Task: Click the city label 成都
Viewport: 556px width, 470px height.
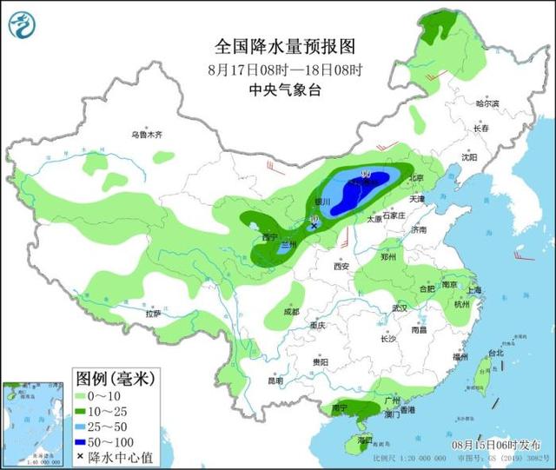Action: coord(290,311)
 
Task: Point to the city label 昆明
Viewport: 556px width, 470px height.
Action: coord(275,380)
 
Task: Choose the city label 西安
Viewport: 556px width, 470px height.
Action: coord(340,267)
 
